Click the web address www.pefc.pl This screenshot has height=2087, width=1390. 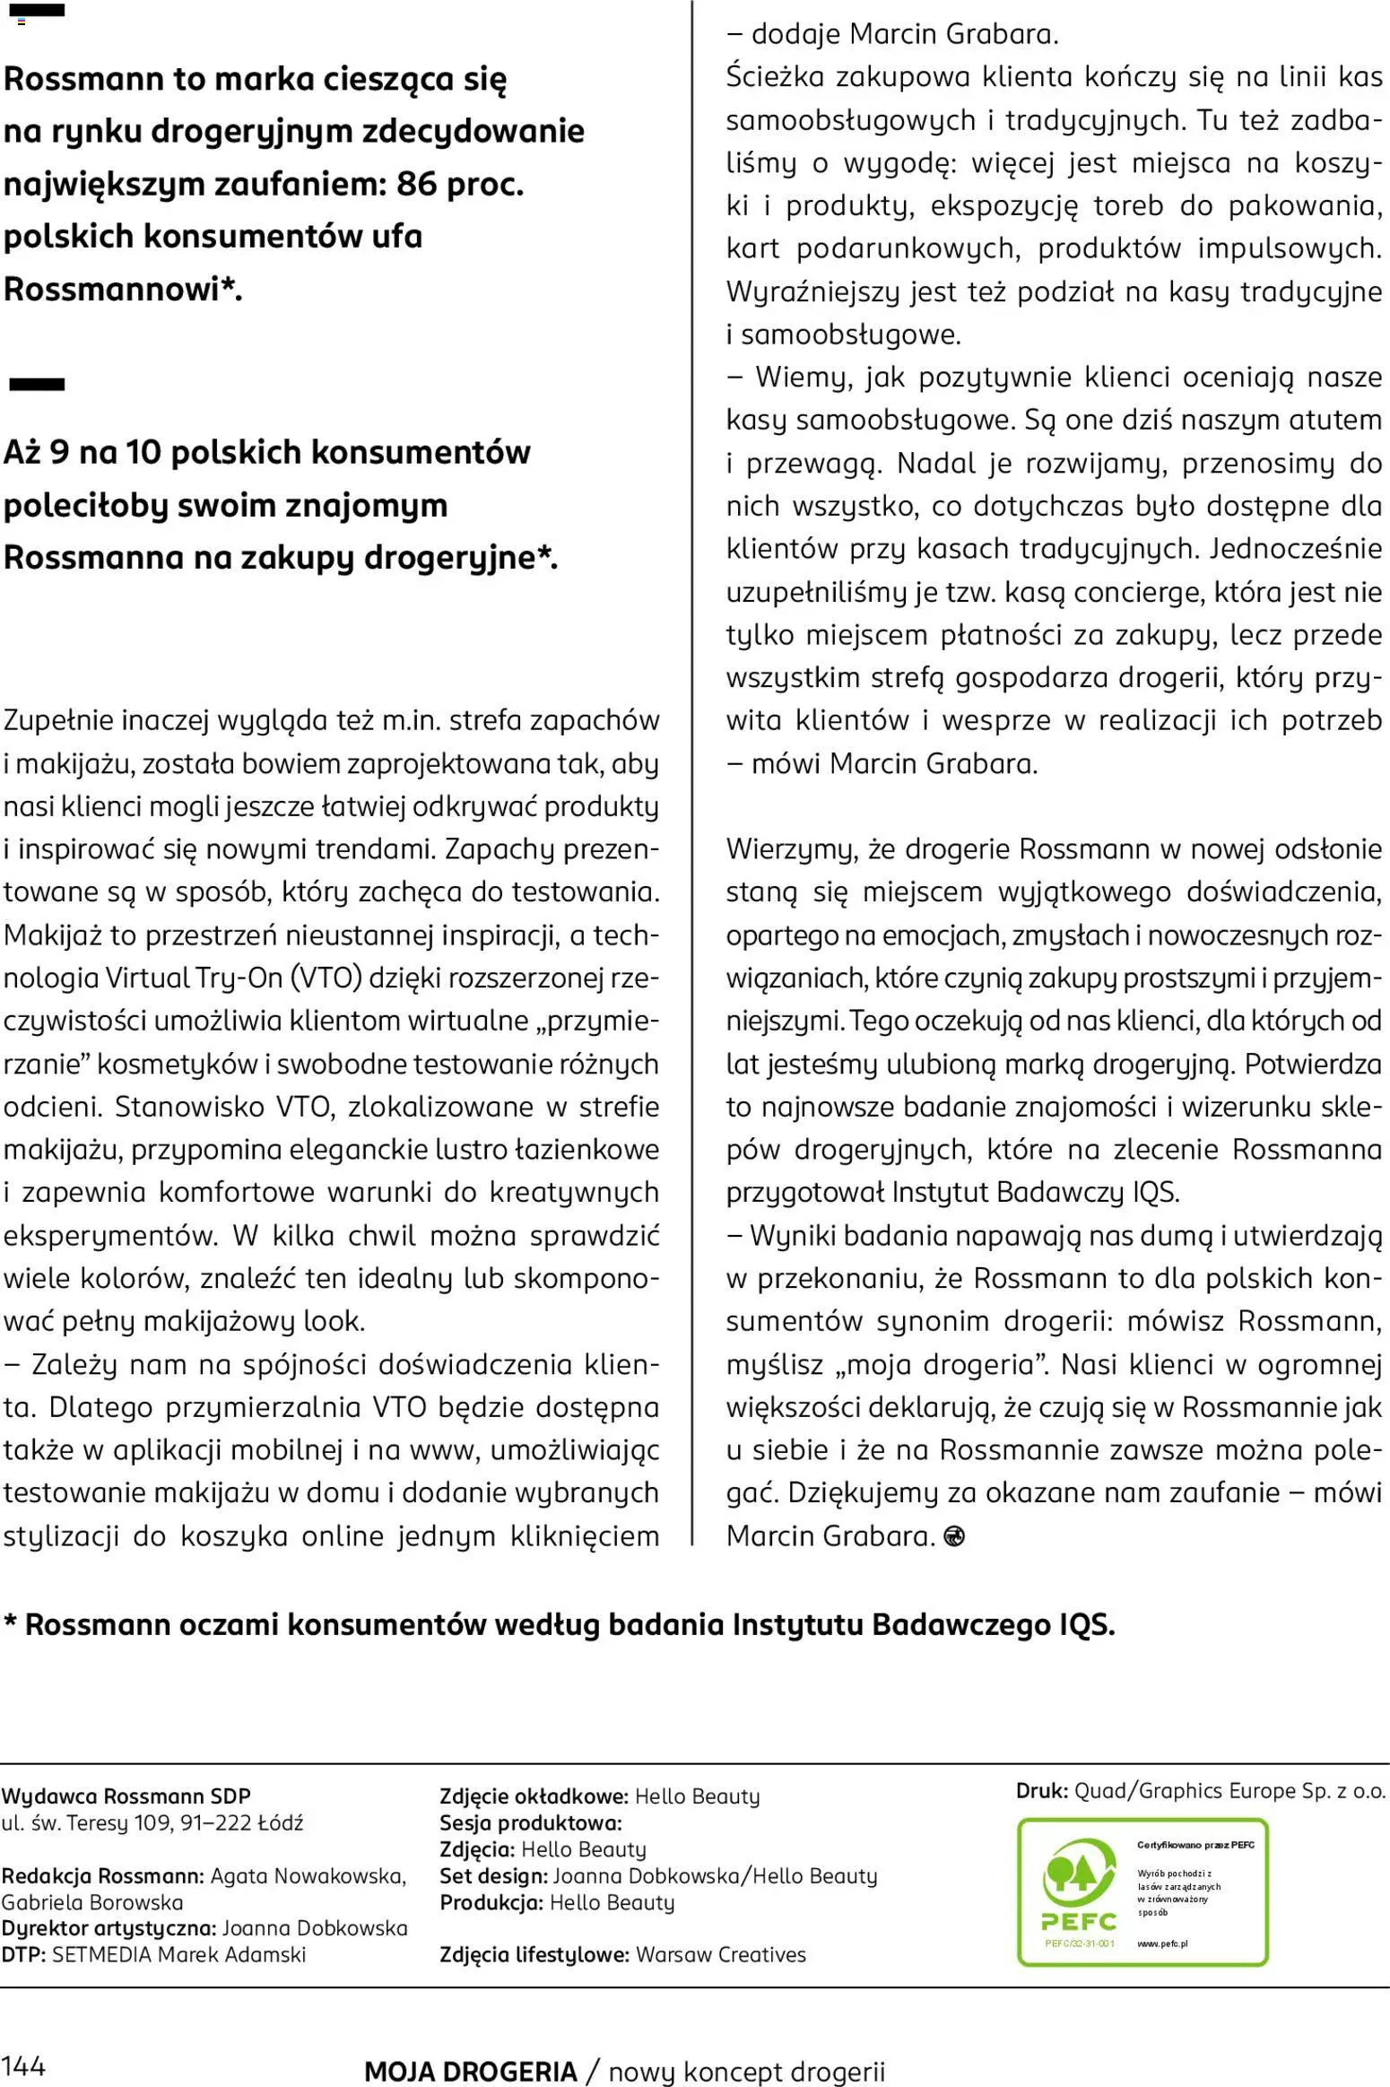pyautogui.click(x=1162, y=1944)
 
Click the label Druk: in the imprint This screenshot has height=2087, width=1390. pyautogui.click(x=1041, y=1791)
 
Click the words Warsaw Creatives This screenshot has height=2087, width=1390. pyautogui.click(x=720, y=1954)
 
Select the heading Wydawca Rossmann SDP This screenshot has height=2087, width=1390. pyautogui.click(x=126, y=1796)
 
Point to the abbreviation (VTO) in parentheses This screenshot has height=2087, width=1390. pyautogui.click(x=326, y=977)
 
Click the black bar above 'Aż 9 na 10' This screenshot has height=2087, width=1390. pyautogui.click(x=37, y=385)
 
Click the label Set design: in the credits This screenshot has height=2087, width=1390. pyautogui.click(x=493, y=1875)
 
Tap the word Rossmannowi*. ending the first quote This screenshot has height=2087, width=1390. pyautogui.click(x=123, y=290)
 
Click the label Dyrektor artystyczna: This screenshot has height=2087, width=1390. pyautogui.click(x=109, y=1927)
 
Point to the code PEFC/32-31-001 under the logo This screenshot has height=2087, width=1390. pyautogui.click(x=1080, y=1944)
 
